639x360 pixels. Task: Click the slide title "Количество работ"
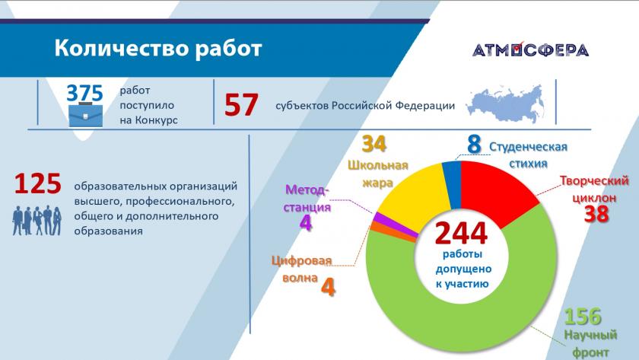157,48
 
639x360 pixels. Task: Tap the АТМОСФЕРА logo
531,49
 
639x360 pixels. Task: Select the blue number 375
84,93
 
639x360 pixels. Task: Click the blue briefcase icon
85,116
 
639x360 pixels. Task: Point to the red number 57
241,105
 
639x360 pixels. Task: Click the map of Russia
506,104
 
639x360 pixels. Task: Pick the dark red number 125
38,183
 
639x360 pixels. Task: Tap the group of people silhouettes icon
37,221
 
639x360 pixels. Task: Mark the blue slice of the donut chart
452,180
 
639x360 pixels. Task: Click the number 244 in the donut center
461,233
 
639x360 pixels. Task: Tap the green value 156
583,317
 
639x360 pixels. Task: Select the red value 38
596,213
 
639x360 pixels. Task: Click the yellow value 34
374,144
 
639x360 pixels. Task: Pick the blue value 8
474,144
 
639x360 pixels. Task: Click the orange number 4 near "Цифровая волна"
328,287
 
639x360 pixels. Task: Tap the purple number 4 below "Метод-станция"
306,222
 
